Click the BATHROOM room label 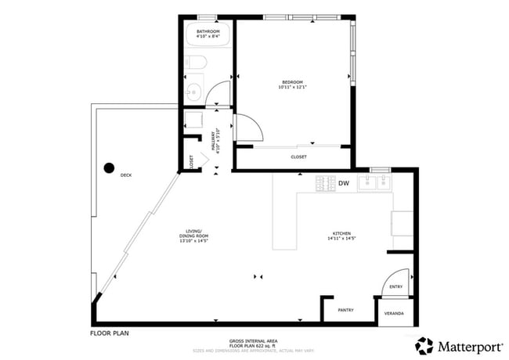pyautogui.click(x=208, y=31)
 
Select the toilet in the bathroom pyautogui.click(x=197, y=63)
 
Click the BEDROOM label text pyautogui.click(x=293, y=81)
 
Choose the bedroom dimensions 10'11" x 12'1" pyautogui.click(x=293, y=87)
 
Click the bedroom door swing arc pyautogui.click(x=248, y=127)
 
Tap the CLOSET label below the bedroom pyautogui.click(x=298, y=157)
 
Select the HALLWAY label pyautogui.click(x=212, y=142)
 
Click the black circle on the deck pyautogui.click(x=109, y=167)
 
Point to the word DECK pyautogui.click(x=126, y=175)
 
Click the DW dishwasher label pyautogui.click(x=343, y=183)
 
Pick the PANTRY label pyautogui.click(x=345, y=310)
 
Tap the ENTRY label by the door pyautogui.click(x=395, y=286)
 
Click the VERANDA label pyautogui.click(x=394, y=313)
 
